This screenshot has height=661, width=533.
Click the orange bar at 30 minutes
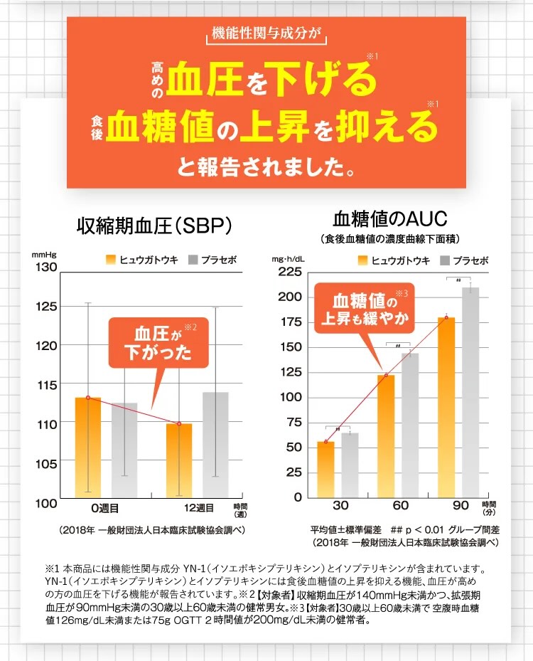tap(325, 469)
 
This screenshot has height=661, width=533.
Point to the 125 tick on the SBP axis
tap(45, 307)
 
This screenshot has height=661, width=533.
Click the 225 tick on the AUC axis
tap(289, 271)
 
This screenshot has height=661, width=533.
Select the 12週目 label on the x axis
tap(194, 508)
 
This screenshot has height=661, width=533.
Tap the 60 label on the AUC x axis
tap(400, 505)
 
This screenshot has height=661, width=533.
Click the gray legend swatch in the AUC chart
tap(446, 260)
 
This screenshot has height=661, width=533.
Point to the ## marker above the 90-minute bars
tap(458, 280)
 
